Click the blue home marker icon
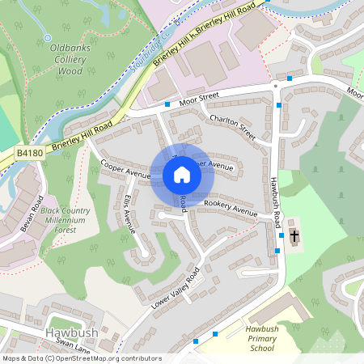tap(182, 174)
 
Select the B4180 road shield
tap(28, 152)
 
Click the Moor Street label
tap(199, 97)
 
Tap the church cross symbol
tap(294, 236)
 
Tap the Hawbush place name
tap(71, 332)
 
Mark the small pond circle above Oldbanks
tap(48, 37)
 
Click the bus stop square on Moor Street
tap(167, 104)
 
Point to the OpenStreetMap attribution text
tap(82, 358)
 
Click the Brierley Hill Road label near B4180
tap(83, 133)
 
